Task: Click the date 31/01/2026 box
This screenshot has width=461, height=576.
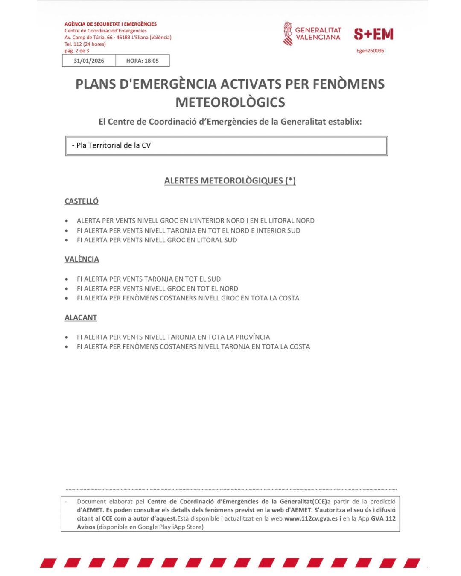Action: pyautogui.click(x=89, y=61)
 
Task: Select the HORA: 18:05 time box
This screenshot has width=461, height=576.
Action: pyautogui.click(x=142, y=61)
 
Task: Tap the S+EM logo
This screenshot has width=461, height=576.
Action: pyautogui.click(x=373, y=34)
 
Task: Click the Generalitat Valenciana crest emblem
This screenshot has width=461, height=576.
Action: pyautogui.click(x=288, y=34)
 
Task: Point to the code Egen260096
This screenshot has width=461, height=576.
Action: pyautogui.click(x=370, y=51)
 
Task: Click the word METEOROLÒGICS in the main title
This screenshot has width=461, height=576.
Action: pyautogui.click(x=230, y=102)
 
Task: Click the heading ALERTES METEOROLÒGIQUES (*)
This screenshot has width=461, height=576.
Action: pyautogui.click(x=230, y=181)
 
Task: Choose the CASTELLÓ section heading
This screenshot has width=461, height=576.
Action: pyautogui.click(x=82, y=201)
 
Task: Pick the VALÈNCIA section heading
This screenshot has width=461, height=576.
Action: pyautogui.click(x=82, y=259)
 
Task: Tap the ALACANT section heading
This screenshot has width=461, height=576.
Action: pyautogui.click(x=81, y=318)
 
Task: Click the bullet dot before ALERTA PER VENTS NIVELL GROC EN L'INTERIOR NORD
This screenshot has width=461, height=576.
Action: pyautogui.click(x=67, y=221)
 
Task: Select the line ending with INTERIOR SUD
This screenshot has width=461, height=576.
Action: pyautogui.click(x=188, y=231)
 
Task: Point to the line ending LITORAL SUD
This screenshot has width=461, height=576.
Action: pyautogui.click(x=157, y=240)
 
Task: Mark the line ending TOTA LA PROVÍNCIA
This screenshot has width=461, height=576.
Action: pyautogui.click(x=173, y=337)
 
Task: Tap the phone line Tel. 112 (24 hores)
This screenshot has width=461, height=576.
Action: pyautogui.click(x=85, y=44)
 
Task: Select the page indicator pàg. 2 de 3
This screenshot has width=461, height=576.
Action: pyautogui.click(x=77, y=51)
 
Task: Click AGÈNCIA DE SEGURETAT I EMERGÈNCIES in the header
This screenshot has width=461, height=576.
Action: pyautogui.click(x=111, y=24)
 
